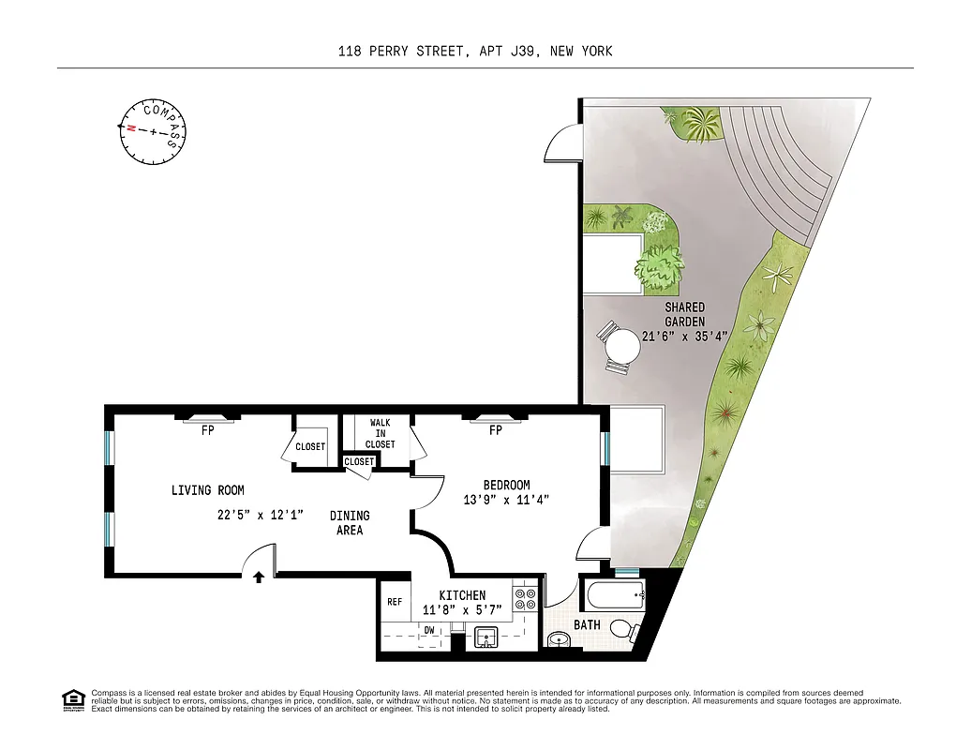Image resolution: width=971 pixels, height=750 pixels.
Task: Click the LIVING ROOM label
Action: coord(207,490)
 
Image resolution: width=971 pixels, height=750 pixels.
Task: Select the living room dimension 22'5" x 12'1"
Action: coord(260,514)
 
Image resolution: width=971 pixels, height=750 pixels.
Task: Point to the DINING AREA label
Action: coord(349,523)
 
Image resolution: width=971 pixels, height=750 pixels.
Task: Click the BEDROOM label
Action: coord(506,485)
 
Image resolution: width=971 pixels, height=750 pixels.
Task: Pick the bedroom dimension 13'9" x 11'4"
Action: coord(505,501)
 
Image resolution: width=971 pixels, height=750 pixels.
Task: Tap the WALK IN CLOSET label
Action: coord(380,433)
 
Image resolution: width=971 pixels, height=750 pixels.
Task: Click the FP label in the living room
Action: coord(208,431)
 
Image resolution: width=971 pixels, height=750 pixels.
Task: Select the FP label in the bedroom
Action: coord(496,431)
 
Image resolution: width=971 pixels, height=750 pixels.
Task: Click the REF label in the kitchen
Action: coord(395,602)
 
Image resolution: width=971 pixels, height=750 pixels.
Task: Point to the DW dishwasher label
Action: coord(429,631)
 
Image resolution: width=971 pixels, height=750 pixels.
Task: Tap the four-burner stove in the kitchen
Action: coord(525,599)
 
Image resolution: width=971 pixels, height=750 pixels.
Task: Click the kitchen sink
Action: coord(486,637)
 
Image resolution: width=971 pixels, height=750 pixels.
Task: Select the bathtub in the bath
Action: coord(612,593)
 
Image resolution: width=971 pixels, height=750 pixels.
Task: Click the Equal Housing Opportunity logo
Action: coord(71,700)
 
